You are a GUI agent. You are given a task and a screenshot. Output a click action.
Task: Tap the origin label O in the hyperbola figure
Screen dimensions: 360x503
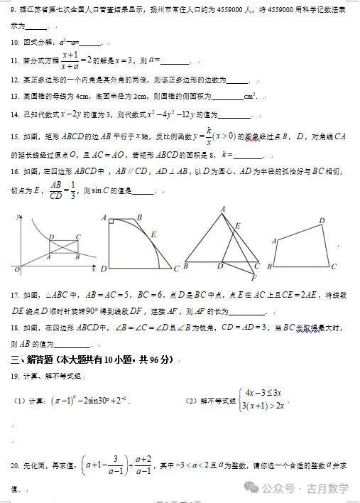point(16,271)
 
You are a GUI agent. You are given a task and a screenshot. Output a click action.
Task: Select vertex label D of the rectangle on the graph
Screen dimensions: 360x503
point(50,237)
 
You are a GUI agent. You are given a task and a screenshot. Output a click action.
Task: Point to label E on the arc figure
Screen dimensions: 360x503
point(154,233)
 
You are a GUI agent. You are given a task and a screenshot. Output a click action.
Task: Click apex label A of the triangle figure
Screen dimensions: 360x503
point(223,208)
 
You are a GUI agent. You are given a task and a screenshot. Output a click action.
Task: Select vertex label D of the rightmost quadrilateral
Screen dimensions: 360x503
point(322,221)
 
